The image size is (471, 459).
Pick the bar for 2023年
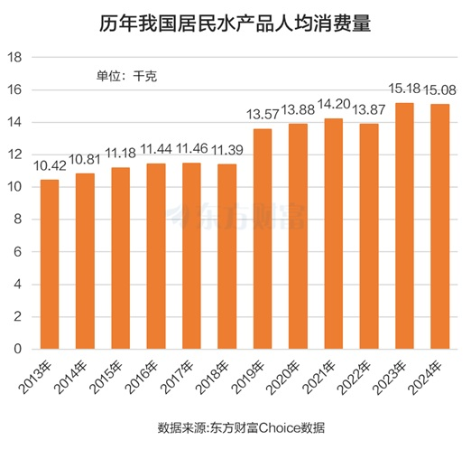click(x=404, y=226)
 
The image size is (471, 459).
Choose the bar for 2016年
click(x=156, y=256)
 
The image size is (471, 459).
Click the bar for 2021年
click(x=333, y=233)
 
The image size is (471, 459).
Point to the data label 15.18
click(x=404, y=90)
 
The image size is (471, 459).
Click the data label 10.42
click(x=50, y=167)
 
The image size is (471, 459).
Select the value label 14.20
click(x=333, y=106)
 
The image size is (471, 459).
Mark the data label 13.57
click(x=263, y=116)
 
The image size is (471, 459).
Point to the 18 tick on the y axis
click(x=14, y=58)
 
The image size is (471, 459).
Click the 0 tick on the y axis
click(x=18, y=349)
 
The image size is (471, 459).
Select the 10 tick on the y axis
click(x=14, y=187)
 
